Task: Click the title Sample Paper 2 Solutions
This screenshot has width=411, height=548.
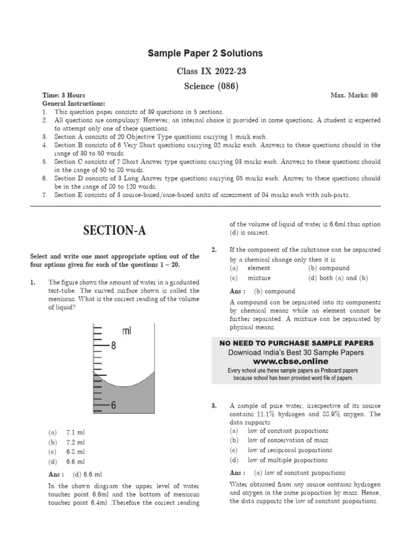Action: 205,54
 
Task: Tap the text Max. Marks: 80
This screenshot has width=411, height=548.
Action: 354,95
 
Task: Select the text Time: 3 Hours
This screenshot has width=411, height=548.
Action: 63,95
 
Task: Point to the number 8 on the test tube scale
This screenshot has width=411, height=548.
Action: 113,346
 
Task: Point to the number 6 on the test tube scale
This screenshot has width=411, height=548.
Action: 113,406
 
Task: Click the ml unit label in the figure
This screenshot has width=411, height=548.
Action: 126,332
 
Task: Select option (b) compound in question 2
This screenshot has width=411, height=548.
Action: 329,268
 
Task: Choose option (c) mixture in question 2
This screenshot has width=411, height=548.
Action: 252,278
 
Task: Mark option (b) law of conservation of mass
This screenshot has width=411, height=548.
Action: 281,440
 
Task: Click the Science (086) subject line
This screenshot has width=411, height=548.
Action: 205,86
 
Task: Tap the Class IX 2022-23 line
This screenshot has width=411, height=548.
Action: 205,71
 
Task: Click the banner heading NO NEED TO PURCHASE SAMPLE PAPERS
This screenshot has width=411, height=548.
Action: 296,343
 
